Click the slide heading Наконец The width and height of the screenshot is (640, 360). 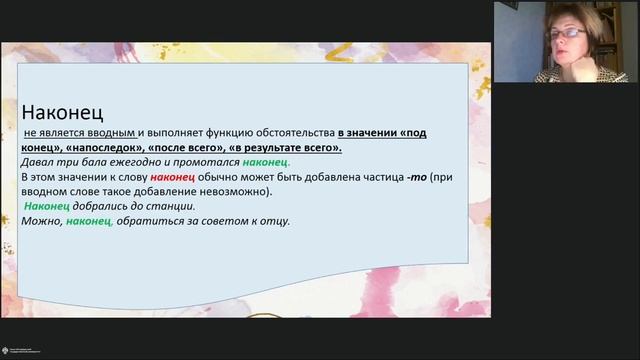click(x=63, y=112)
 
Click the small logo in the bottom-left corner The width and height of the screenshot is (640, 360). click(x=13, y=350)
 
